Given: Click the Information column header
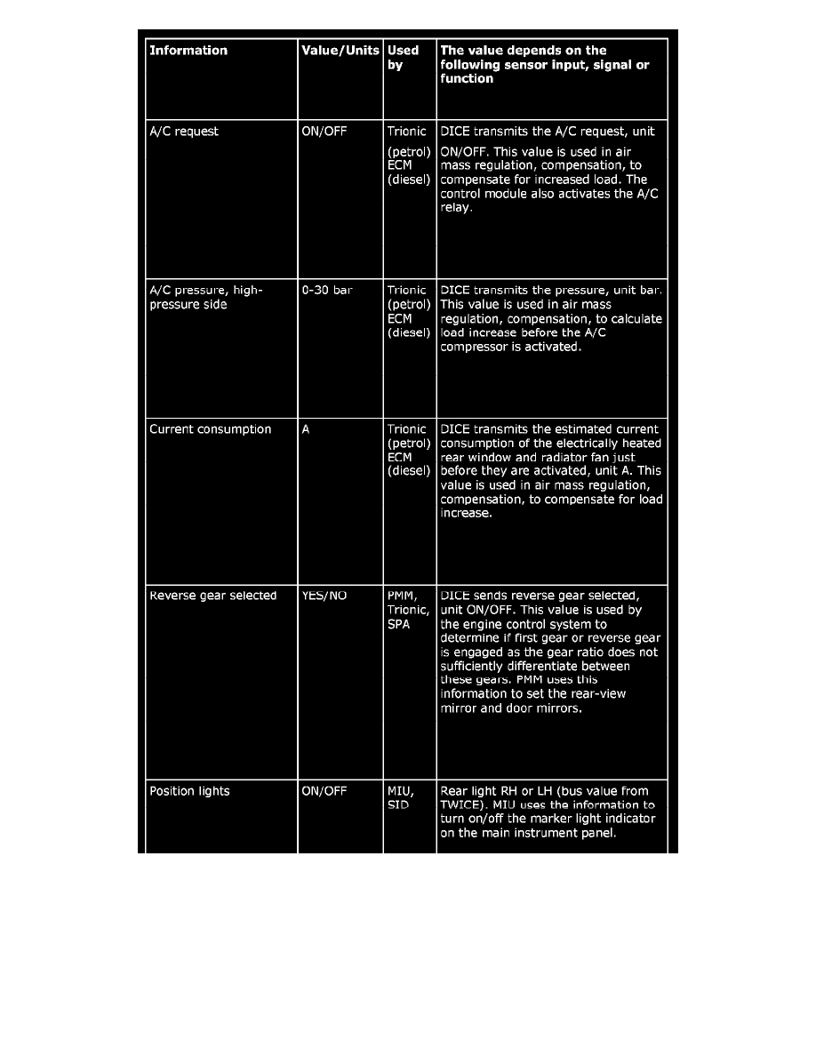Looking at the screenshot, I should tap(188, 51).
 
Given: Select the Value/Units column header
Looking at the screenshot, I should tap(340, 51).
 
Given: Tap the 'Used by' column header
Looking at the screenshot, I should tap(403, 58).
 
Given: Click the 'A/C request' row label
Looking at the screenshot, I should tap(184, 132).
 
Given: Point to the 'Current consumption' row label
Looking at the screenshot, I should tap(211, 429).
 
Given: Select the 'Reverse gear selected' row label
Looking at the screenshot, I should tap(213, 596).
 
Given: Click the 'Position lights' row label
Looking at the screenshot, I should tap(189, 791).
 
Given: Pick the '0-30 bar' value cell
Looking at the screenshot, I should tap(328, 291).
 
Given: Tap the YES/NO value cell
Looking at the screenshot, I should tap(324, 596).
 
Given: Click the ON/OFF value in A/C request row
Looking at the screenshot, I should tap(324, 132).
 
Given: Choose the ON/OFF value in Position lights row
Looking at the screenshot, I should tap(324, 791).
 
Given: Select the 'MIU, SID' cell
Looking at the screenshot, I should tap(402, 798).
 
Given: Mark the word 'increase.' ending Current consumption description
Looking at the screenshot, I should tap(467, 514).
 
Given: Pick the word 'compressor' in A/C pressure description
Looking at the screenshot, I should tap(476, 348).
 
